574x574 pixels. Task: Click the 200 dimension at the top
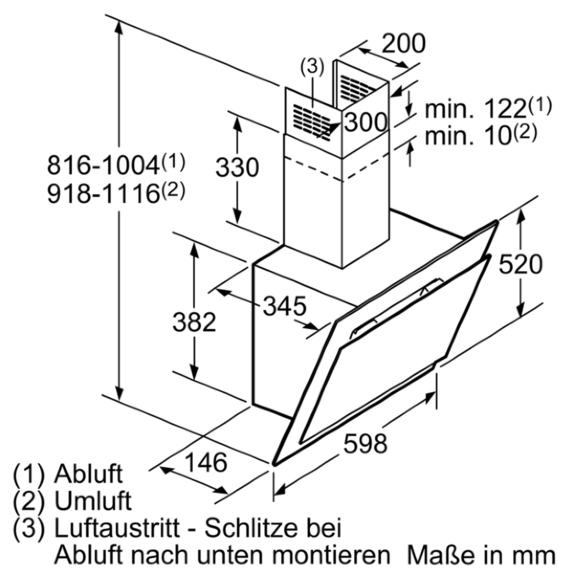pyautogui.click(x=403, y=44)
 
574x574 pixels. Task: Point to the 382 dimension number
pyautogui.click(x=194, y=322)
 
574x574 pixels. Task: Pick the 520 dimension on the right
pyautogui.click(x=520, y=264)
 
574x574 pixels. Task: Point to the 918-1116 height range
pyautogui.click(x=116, y=192)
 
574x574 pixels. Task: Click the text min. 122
pyautogui.click(x=488, y=108)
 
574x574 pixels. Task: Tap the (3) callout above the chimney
pyautogui.click(x=311, y=67)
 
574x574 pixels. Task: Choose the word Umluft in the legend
pyautogui.click(x=93, y=501)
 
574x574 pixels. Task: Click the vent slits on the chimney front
pyautogui.click(x=311, y=122)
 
